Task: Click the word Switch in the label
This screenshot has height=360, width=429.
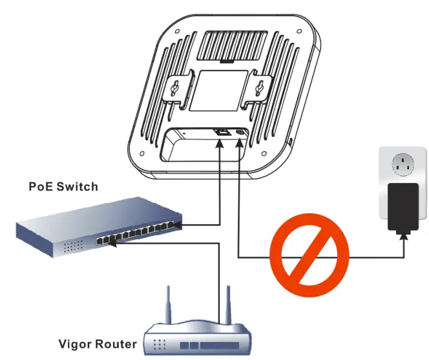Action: click(x=77, y=187)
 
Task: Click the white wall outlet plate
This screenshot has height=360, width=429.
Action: click(x=401, y=171)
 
